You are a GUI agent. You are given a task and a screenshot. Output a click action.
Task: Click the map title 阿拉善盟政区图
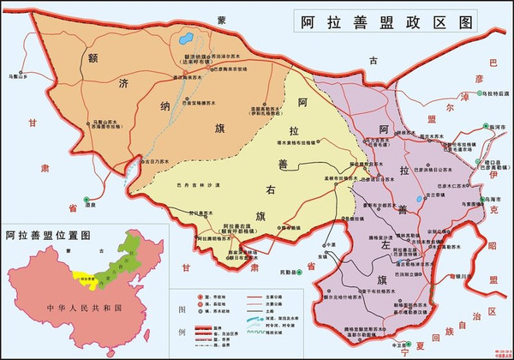click(x=387, y=21)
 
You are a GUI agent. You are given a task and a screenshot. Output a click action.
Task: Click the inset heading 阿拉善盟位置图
click(x=49, y=234)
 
